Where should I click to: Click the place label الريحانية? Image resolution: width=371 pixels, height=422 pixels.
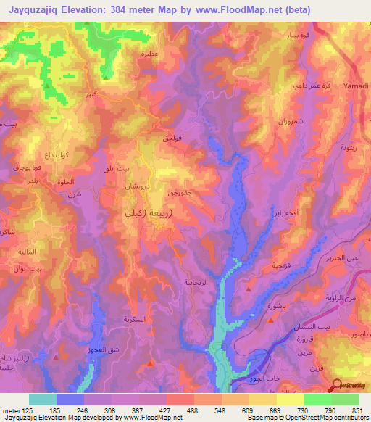pyautogui.click(x=196, y=282)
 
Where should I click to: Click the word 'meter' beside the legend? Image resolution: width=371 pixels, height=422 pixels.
pyautogui.click(x=12, y=409)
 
